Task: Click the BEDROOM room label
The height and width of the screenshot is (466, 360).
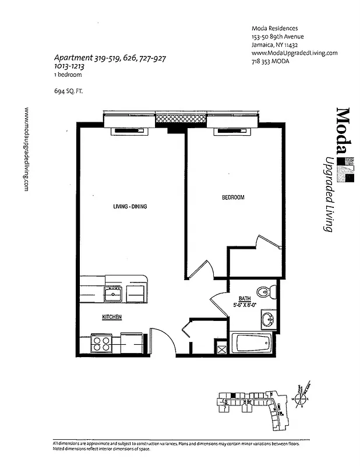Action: (233, 198)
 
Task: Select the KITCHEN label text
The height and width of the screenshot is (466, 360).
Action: (112, 317)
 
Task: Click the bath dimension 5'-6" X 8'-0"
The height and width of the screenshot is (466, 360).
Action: (246, 304)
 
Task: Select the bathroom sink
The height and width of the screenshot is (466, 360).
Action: (268, 319)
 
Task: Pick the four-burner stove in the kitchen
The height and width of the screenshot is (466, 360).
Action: (102, 343)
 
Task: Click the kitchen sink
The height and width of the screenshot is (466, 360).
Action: (113, 294)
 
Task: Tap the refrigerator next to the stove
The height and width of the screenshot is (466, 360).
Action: (132, 343)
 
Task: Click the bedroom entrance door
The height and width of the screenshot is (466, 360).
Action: (201, 270)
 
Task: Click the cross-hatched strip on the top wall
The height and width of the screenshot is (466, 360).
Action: (181, 118)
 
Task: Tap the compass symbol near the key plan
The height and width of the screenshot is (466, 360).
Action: (301, 399)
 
